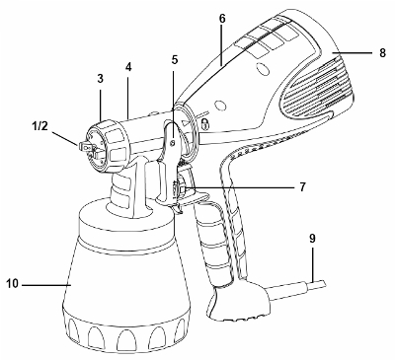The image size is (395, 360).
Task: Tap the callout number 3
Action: (x=101, y=79)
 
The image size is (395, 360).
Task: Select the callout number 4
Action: (x=128, y=67)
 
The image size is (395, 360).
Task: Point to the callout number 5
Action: (x=175, y=60)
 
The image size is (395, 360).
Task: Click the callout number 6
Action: (x=222, y=19)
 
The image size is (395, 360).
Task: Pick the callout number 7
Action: (x=302, y=187)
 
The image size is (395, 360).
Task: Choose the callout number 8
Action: (x=382, y=52)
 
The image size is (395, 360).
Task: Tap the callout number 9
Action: (x=312, y=239)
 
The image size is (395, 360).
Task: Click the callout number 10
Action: (x=12, y=284)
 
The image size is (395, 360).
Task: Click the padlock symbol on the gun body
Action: (x=204, y=124)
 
